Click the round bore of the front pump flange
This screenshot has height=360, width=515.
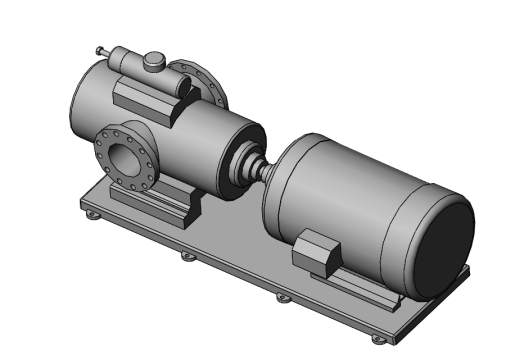tap(124, 157)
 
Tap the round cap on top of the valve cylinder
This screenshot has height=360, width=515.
tap(154, 61)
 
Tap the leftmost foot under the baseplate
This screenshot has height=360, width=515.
tap(92, 215)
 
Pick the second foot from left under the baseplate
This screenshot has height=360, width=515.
tap(186, 256)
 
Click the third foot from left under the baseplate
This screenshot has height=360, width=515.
tap(283, 297)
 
